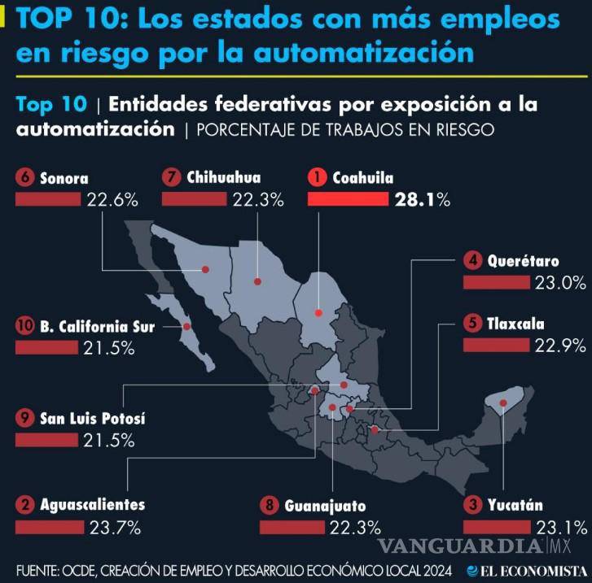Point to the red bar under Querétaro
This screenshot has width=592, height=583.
click(x=496, y=282)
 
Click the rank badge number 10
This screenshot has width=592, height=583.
click(x=24, y=327)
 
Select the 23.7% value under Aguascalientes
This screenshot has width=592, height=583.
click(x=109, y=526)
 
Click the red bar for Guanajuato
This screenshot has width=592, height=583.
click(x=292, y=527)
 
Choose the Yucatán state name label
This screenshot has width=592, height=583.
click(x=515, y=505)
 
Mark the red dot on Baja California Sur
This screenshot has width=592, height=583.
click(x=187, y=327)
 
